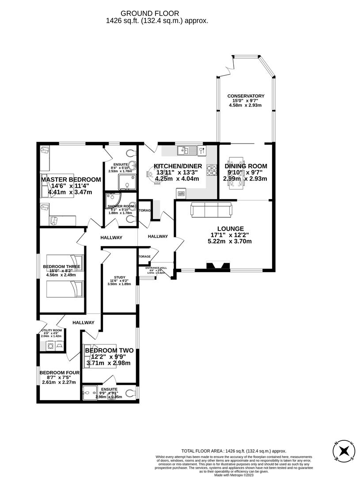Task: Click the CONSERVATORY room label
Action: [x=246, y=96]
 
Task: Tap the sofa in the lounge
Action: [x=211, y=209]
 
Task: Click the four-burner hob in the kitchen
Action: [x=210, y=170]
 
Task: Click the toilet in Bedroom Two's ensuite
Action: [x=132, y=392]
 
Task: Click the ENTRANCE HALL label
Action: [x=156, y=268]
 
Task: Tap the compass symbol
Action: [x=343, y=451]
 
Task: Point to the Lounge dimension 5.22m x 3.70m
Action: [x=229, y=241]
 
